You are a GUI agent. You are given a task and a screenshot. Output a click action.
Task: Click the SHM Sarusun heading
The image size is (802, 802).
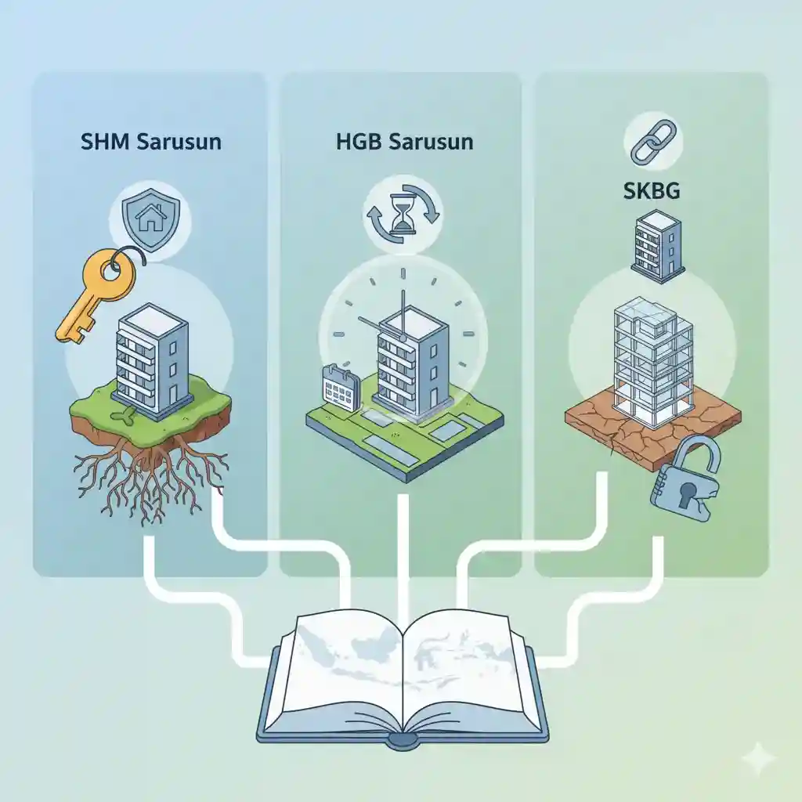click(x=150, y=143)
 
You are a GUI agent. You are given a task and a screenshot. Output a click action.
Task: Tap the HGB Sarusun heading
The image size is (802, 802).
click(x=404, y=143)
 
